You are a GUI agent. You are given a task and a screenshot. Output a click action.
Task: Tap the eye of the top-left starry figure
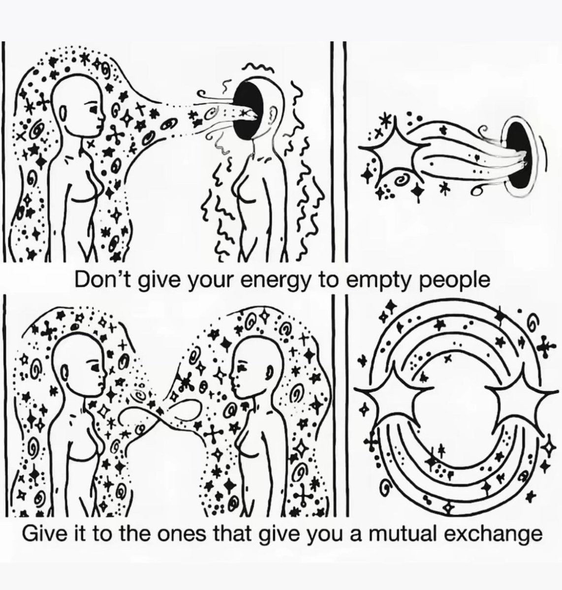94,107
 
